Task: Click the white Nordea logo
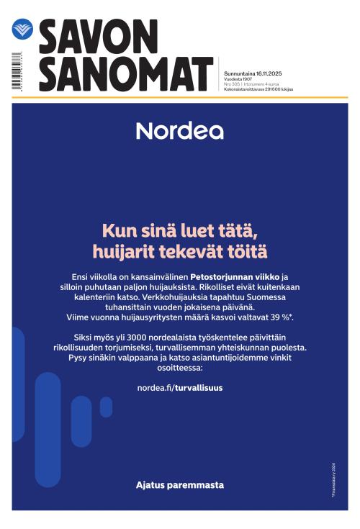tap(179, 130)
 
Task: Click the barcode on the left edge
tap(15, 72)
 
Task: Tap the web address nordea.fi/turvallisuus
tap(179, 388)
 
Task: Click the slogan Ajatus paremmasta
tap(179, 485)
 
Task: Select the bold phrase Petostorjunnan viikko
tap(234, 276)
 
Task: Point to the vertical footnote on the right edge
tap(334, 483)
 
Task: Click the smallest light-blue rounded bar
tap(106, 407)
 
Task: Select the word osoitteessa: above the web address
tap(179, 367)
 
